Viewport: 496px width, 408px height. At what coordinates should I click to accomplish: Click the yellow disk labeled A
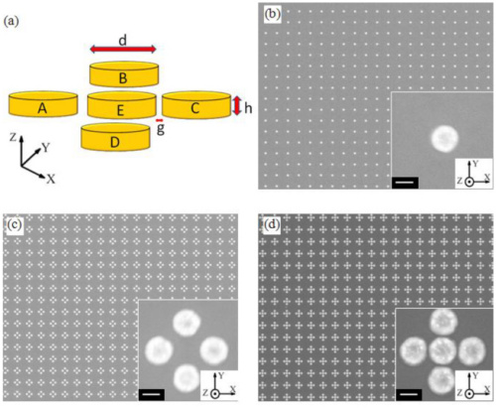tap(43, 104)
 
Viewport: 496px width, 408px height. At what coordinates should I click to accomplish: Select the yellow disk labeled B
tap(124, 73)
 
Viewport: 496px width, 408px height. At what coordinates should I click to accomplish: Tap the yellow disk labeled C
tap(196, 104)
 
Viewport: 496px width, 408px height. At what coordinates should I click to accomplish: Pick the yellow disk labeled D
tap(115, 137)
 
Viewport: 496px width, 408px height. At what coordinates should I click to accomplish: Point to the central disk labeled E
tap(122, 105)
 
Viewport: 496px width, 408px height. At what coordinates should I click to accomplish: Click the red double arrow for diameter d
tap(123, 50)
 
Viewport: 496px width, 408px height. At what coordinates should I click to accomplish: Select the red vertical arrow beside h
tap(237, 106)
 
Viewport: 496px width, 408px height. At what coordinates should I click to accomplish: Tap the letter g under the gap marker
tap(161, 129)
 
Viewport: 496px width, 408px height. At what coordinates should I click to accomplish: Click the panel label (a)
tap(11, 22)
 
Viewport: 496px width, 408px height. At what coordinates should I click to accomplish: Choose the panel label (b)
tap(273, 15)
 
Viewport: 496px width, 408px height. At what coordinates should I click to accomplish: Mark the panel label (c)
tap(15, 224)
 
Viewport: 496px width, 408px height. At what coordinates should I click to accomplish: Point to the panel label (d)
tap(273, 224)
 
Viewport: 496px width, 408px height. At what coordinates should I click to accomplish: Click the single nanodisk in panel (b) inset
tap(444, 138)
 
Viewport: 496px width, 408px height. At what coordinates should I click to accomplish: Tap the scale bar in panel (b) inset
tap(405, 183)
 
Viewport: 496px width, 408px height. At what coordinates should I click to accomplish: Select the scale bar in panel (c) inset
tap(152, 394)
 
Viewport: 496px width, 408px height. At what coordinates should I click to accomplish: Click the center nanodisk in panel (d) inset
tap(442, 351)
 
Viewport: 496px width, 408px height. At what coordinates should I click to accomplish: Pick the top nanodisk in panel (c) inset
tap(186, 324)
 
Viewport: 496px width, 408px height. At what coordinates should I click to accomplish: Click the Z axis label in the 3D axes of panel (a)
tap(13, 137)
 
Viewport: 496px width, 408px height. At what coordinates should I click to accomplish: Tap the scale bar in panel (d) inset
tap(409, 394)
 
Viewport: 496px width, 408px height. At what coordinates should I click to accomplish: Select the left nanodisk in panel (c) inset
tap(159, 350)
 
